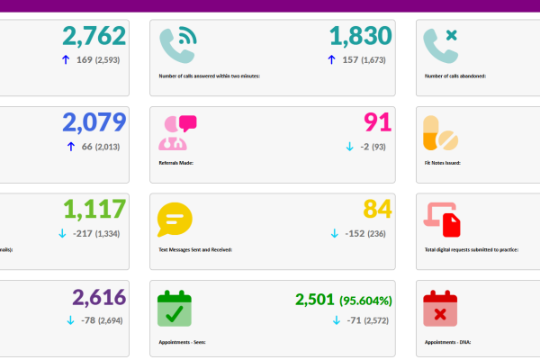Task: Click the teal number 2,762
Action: [94, 37]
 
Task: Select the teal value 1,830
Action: [360, 37]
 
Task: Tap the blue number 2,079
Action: [94, 122]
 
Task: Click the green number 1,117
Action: [94, 209]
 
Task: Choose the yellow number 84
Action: [377, 209]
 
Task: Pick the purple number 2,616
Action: [99, 298]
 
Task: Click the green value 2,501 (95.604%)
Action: [343, 300]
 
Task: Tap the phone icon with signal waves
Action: [177, 45]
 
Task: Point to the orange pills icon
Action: [441, 133]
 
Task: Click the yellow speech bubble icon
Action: [175, 220]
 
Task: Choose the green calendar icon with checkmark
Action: [175, 308]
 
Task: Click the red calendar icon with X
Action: [441, 308]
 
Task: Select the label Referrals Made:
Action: [175, 163]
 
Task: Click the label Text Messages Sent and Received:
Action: [195, 249]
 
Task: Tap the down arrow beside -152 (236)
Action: [335, 233]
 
